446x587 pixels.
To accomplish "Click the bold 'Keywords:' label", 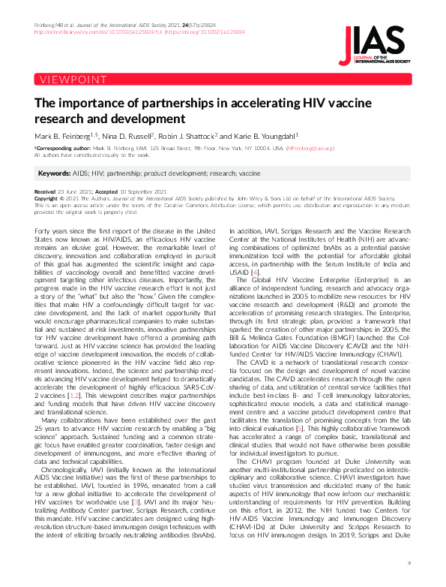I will point(55,173).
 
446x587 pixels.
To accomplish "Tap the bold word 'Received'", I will point(46,192).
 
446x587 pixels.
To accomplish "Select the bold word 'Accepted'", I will point(101,192).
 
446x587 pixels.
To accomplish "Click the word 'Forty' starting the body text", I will point(44,228).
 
